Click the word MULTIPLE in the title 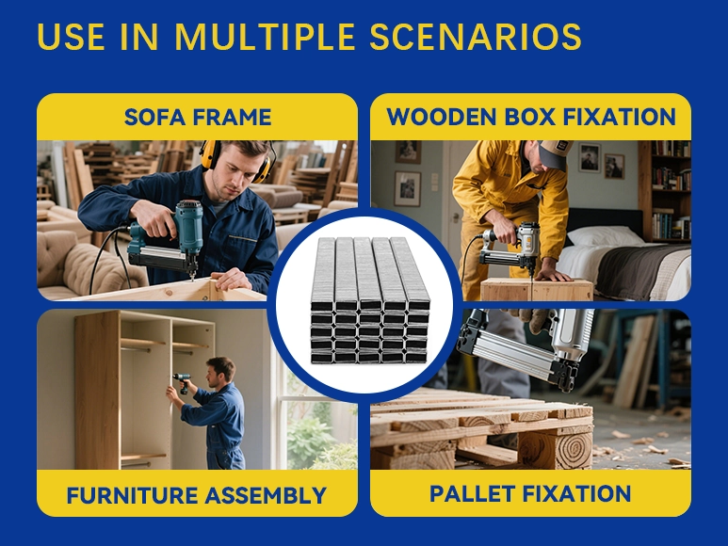pos(265,36)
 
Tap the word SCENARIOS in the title pos(476,36)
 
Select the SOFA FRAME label pos(198,117)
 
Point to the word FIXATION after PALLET pos(577,493)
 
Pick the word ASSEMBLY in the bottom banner pos(266,495)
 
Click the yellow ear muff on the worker pos(210,155)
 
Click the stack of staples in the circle pos(369,300)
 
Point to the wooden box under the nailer pos(537,289)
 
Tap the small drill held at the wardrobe pos(183,382)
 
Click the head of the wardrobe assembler pos(219,372)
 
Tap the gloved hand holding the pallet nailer pos(535,320)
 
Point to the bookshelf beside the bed pos(666,191)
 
